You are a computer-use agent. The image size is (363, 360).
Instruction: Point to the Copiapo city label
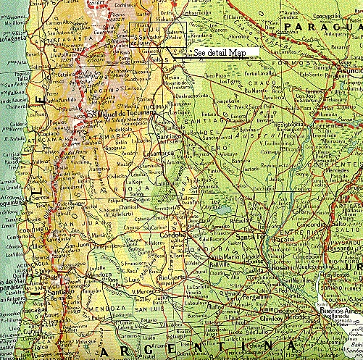(x=19, y=134)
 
